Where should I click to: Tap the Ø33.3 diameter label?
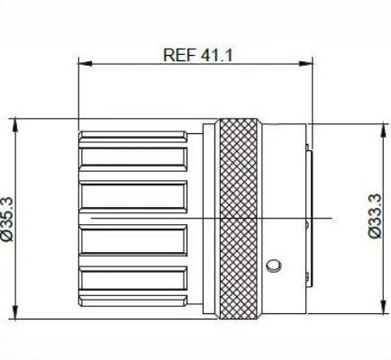377,216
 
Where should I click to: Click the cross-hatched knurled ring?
241,219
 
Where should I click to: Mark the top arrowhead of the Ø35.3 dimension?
17,122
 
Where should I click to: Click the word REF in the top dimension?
177,54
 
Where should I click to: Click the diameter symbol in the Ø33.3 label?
377,234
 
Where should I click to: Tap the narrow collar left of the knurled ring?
209,219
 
